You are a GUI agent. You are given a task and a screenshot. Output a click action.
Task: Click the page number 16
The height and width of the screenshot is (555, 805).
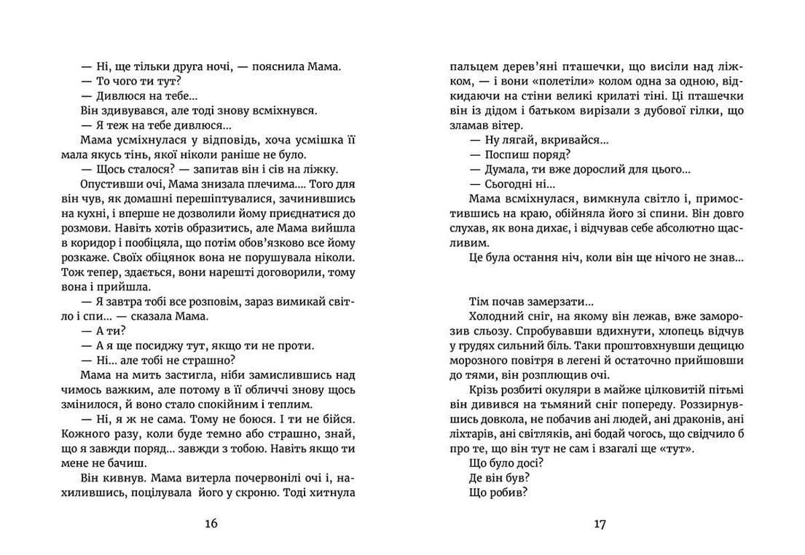pos(211,523)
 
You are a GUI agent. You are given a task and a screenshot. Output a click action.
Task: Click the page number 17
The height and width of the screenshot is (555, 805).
pos(600,523)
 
